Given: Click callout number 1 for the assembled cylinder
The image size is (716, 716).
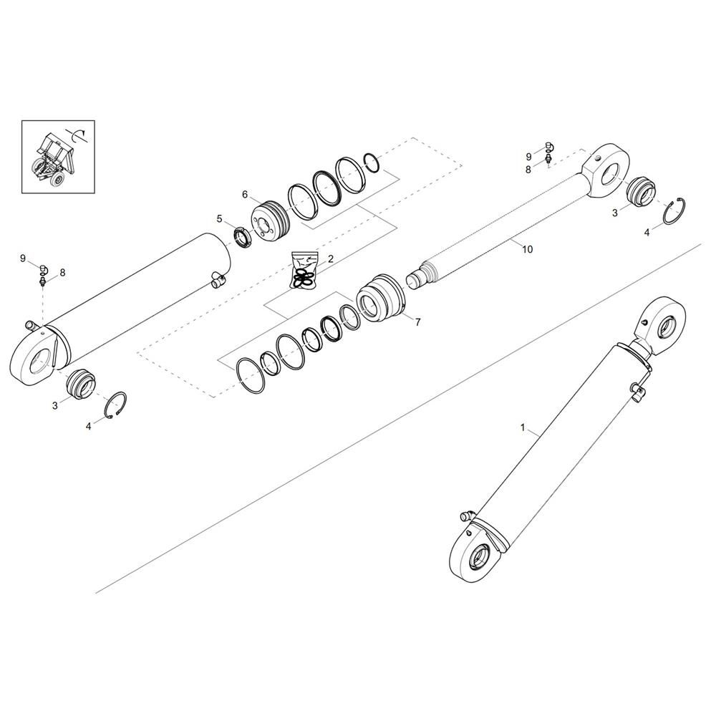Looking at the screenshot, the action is pos(523,427).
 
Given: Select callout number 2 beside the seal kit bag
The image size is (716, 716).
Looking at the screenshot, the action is pos(331,259).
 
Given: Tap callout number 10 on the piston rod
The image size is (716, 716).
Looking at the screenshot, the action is pos(528,249).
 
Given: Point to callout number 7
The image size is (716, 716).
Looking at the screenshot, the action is pos(417,322).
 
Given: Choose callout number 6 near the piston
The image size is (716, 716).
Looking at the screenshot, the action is pos(245,195).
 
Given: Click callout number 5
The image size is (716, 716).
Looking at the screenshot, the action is pos(219,219).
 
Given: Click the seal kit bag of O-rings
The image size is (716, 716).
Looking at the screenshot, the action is pos(304,271).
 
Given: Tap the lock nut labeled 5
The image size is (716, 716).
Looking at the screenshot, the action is pos(242,238).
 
